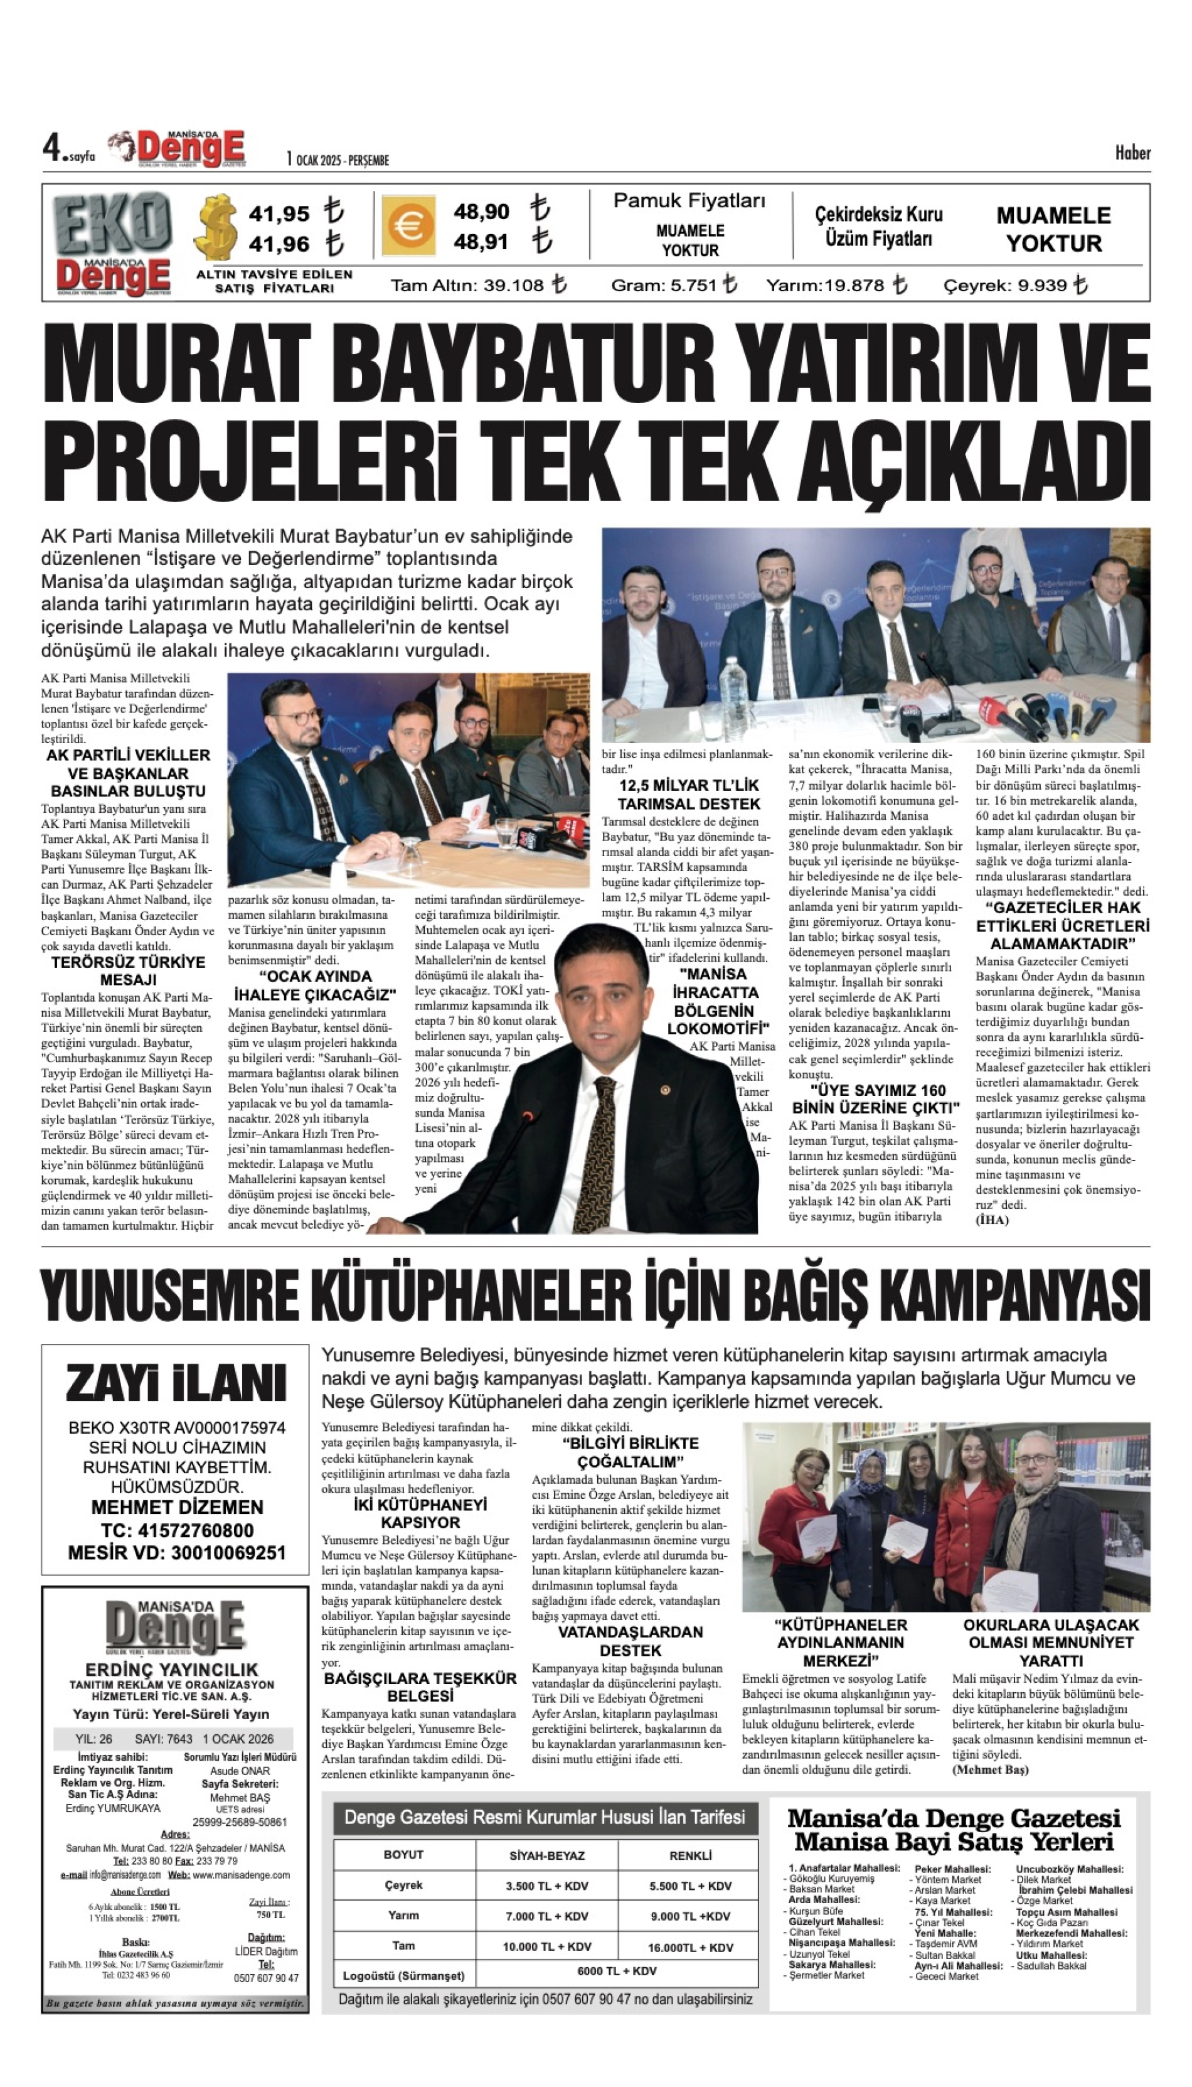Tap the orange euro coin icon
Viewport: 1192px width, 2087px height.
(x=407, y=227)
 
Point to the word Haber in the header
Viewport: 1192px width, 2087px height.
(x=1132, y=153)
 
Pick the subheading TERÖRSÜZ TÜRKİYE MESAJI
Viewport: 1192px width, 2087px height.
(x=129, y=970)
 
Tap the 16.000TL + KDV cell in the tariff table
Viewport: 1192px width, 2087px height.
(x=690, y=1964)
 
